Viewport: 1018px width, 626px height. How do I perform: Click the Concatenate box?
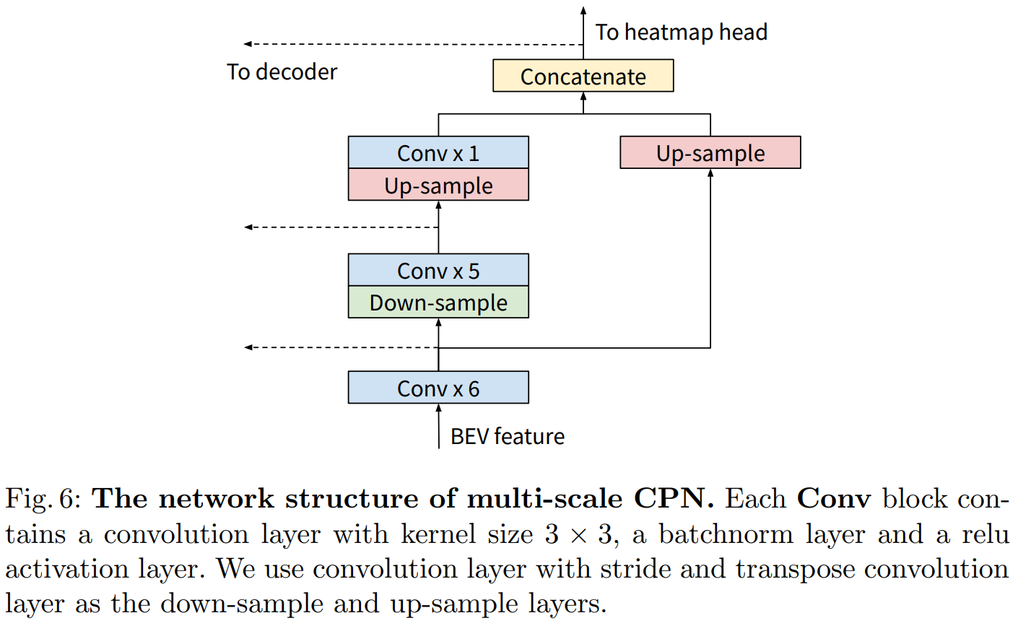coord(583,76)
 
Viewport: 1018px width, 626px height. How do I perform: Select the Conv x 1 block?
coord(438,153)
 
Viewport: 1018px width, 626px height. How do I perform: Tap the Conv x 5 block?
coord(438,270)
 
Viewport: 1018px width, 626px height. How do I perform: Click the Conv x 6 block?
coord(438,388)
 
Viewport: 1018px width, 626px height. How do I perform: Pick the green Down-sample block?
coord(438,303)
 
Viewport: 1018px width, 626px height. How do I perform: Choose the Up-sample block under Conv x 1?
coord(438,185)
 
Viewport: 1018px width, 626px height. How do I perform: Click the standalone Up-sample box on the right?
coord(710,153)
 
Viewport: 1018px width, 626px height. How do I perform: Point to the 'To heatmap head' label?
coord(681,32)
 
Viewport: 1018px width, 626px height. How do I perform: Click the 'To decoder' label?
coord(282,72)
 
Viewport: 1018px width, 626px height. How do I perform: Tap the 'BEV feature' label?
coord(507,436)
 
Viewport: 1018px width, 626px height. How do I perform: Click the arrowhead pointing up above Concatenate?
coord(583,11)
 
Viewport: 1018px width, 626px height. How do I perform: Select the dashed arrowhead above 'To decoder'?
coord(248,45)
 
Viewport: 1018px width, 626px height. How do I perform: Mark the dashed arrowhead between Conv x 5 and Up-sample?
coord(248,227)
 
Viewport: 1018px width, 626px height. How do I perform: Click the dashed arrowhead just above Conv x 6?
coord(248,348)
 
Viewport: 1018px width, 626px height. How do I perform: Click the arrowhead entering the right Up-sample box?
coord(710,173)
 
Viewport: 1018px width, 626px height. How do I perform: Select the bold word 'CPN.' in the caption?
coord(674,499)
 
